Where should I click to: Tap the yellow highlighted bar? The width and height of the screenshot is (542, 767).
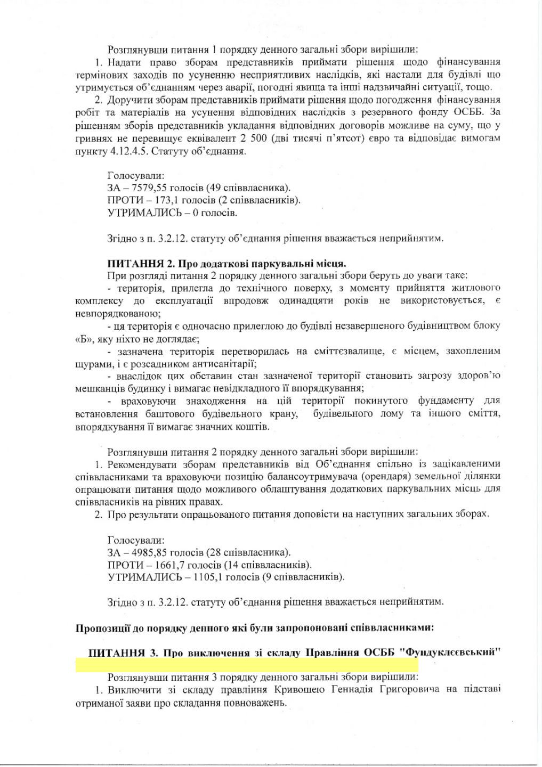click(x=247, y=665)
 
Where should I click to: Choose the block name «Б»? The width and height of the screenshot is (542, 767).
click(x=85, y=339)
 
